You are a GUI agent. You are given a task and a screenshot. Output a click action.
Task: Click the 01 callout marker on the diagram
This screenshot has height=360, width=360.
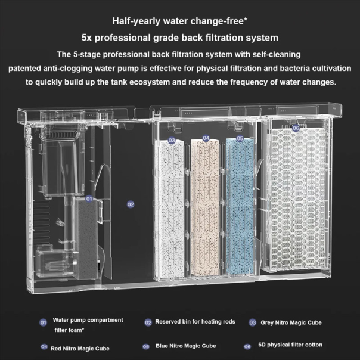point(89,199)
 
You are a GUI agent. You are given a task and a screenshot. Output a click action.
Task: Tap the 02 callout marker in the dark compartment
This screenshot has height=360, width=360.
point(131,204)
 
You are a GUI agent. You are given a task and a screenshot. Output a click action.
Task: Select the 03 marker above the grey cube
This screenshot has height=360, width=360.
point(172,140)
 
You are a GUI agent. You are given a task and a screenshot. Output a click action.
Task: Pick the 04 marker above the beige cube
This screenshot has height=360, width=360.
point(206,138)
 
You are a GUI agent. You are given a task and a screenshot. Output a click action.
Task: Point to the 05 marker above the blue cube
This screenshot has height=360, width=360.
point(240,138)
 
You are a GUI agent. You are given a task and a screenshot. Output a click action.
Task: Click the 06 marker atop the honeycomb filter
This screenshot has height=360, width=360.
point(296,128)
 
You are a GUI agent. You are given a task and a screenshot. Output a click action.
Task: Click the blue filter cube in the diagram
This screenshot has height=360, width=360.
point(240,207)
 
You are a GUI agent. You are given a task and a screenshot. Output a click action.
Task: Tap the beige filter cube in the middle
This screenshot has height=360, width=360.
point(205,207)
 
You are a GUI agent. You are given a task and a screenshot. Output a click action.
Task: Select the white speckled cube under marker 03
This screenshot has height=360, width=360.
point(169,209)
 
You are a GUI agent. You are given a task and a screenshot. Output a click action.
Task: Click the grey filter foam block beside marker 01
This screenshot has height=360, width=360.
point(87,239)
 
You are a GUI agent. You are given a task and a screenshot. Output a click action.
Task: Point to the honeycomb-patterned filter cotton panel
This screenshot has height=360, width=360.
point(298,197)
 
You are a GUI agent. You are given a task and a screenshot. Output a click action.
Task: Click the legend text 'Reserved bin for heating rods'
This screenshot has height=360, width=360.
point(195,322)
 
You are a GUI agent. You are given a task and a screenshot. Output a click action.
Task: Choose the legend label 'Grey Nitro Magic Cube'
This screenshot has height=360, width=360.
point(291,322)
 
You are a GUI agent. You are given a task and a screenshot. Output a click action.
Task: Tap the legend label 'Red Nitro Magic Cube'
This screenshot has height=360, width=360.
point(80,349)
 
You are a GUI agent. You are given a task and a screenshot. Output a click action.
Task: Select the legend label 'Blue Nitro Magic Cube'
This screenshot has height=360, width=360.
point(186,346)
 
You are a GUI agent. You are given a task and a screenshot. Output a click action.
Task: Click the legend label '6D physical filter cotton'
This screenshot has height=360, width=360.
point(290,345)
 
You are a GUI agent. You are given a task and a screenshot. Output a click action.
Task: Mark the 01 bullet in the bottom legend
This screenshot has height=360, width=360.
point(43,322)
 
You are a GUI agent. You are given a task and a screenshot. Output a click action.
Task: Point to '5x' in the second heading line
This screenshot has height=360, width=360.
point(86,38)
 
